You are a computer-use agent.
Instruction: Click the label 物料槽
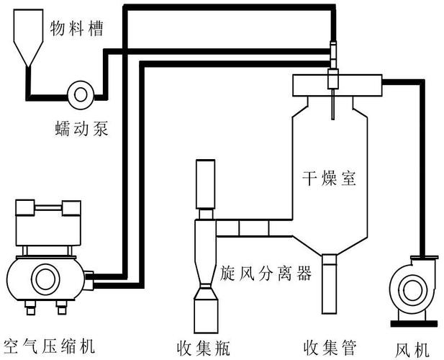click(76, 28)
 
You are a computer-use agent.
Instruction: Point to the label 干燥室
click(329, 178)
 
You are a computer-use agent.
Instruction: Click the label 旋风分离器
click(266, 274)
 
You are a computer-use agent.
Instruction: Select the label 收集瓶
click(203, 346)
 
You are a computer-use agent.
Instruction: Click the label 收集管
click(330, 346)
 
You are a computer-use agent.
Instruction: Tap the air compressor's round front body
click(43, 277)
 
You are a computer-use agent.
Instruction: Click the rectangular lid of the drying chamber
click(335, 86)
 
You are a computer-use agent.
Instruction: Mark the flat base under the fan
click(411, 320)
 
